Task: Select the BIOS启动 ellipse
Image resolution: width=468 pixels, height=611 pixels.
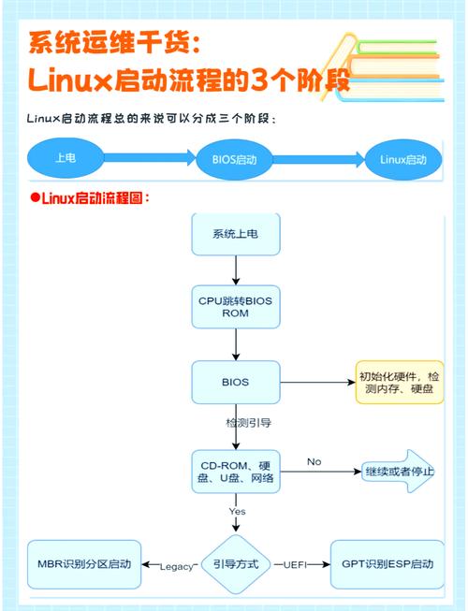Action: [x=235, y=158]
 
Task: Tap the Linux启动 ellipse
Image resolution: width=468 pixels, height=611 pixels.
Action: [x=402, y=158]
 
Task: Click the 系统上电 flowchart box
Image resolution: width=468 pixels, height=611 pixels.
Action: [x=235, y=234]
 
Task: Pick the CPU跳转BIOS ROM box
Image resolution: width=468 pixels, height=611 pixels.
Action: [x=235, y=307]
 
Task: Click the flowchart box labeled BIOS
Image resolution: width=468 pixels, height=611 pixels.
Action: [x=235, y=382]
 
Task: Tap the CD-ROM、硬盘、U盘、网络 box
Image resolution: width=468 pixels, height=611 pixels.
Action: [x=235, y=472]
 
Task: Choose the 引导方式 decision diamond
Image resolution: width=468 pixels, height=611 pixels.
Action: [x=235, y=564]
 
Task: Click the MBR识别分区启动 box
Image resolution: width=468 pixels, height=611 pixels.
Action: [x=84, y=564]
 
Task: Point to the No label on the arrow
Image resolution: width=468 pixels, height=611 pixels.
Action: [x=314, y=462]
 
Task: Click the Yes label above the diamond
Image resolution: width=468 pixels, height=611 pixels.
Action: [x=237, y=512]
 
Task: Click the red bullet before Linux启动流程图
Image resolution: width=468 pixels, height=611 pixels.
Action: [x=35, y=197]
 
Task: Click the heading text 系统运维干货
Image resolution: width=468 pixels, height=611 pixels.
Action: [x=112, y=42]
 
